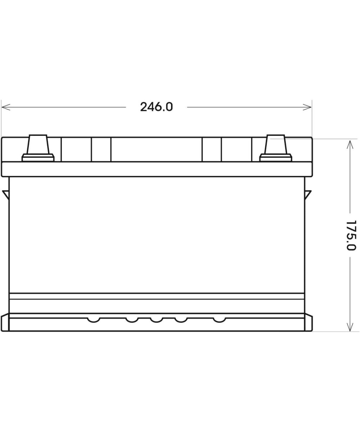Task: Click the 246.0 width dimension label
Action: point(156,107)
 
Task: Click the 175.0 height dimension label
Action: point(351,235)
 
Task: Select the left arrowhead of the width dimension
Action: point(6,107)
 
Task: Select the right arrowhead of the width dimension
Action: point(307,107)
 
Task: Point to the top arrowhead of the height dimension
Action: point(350,145)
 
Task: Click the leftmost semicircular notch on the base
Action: point(94,320)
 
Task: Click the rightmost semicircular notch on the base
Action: point(219,320)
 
